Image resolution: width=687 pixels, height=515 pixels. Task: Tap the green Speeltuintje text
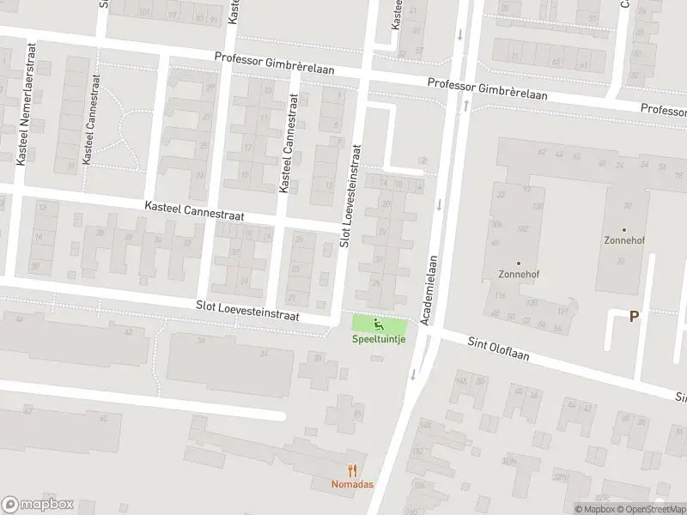click(x=379, y=338)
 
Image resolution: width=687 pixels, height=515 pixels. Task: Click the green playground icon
click(x=379, y=324)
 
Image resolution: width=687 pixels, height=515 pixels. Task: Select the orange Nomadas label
click(x=351, y=484)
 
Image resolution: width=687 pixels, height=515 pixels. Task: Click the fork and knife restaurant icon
click(x=351, y=470)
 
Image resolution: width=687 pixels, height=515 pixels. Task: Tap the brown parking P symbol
click(x=634, y=317)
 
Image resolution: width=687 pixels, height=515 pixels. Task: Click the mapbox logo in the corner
click(x=38, y=505)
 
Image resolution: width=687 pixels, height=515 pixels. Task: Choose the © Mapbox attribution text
click(x=595, y=509)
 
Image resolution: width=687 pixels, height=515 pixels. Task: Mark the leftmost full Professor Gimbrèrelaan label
click(x=274, y=65)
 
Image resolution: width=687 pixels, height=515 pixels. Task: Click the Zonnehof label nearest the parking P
click(x=623, y=240)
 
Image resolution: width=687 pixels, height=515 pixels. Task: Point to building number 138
click(x=538, y=207)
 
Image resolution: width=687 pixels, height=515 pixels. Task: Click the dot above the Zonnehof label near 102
click(x=518, y=263)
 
